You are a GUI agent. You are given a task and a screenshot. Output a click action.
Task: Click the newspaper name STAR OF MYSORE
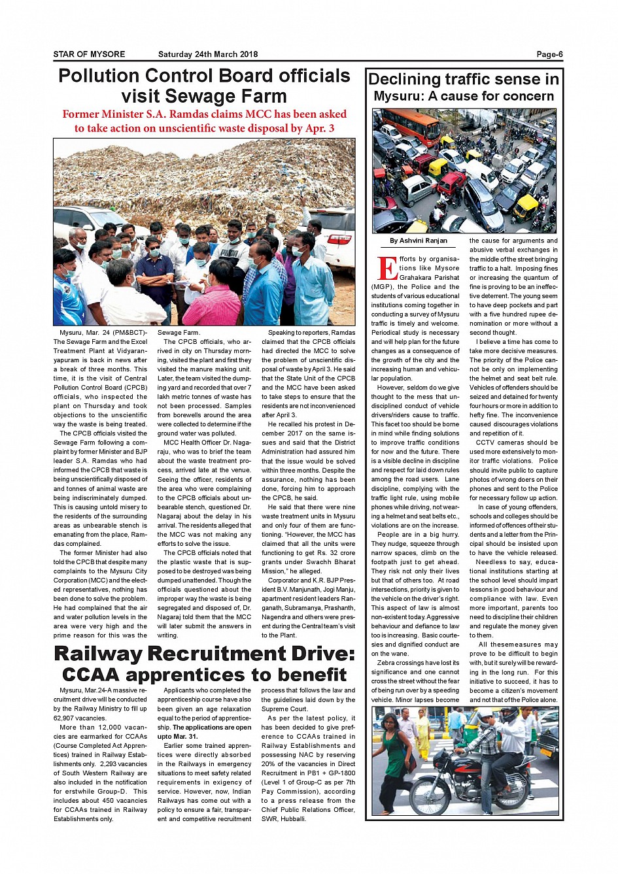89,54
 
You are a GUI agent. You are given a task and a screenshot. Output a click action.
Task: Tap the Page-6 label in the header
549,54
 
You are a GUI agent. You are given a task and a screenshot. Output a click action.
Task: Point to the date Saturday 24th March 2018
208,54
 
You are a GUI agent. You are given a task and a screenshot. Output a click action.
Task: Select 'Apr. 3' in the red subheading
320,128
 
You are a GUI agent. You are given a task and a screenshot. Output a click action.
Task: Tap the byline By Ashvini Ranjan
419,241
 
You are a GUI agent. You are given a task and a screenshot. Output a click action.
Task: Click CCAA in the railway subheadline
91,675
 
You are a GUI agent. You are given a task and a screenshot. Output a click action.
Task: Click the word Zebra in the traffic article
386,663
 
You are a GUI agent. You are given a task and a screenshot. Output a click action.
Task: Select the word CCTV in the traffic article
486,443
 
